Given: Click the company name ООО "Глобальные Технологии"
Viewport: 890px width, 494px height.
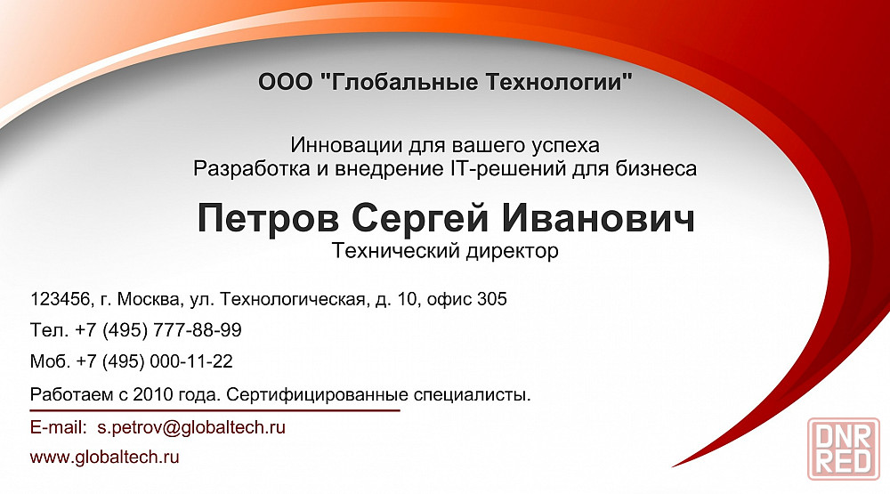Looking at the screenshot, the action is (445, 82).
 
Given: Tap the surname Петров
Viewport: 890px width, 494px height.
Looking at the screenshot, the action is (268, 219).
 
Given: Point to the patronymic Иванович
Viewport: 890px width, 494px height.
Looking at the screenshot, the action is (598, 218).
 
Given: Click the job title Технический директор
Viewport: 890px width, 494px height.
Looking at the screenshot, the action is (445, 251).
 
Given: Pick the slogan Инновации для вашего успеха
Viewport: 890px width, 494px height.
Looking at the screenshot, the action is (445, 145).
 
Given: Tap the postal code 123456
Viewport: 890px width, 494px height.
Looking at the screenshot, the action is (61, 299).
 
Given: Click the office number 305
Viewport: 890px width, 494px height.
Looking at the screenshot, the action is (492, 299).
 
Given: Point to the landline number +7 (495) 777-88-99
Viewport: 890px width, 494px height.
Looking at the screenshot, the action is (158, 330).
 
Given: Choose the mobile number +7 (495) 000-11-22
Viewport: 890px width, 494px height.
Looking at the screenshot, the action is (154, 361).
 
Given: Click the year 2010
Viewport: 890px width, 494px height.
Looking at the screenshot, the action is (152, 394).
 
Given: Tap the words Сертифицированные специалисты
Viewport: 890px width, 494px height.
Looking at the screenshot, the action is (378, 394).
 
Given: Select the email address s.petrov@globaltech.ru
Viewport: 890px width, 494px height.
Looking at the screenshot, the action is (191, 427).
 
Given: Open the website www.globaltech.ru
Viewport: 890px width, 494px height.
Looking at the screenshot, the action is (104, 458).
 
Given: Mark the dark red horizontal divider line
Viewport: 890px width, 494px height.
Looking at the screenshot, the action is (215, 410).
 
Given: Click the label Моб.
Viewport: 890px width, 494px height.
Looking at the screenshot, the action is (51, 361).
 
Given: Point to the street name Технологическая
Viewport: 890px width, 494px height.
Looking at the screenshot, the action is (292, 299).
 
